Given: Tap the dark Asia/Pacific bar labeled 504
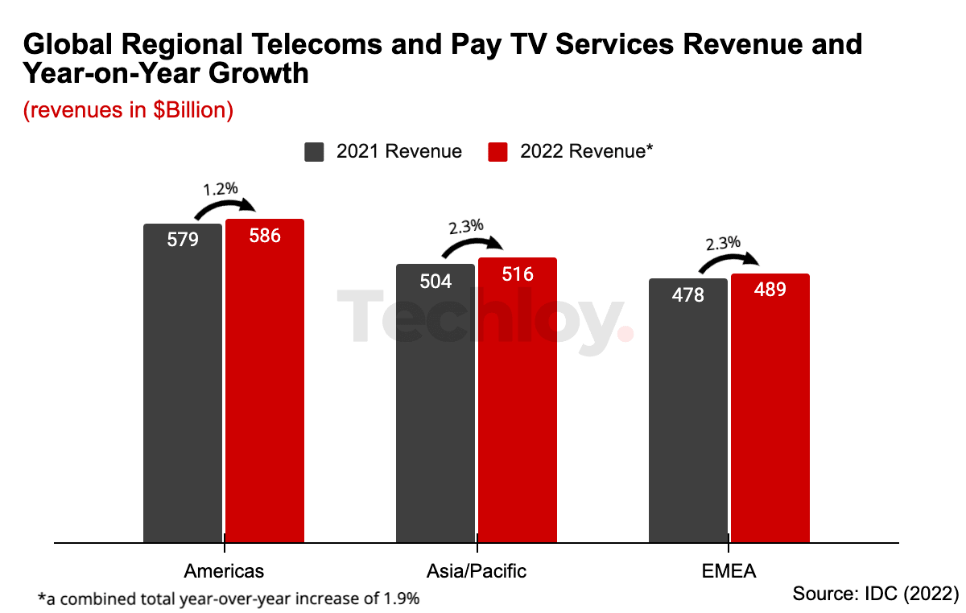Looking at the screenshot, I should (436, 403).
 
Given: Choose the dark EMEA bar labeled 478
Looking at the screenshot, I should (688, 410).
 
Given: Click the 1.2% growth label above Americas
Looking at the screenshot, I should (220, 189).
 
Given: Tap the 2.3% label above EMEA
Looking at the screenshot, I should (722, 243).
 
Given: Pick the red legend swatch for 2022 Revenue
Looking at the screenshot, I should (498, 152).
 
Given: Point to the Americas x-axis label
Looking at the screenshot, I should (224, 571).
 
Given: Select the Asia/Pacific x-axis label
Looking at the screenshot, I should (477, 571).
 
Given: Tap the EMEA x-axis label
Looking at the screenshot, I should (729, 571).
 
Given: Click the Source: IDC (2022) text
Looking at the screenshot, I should (876, 594).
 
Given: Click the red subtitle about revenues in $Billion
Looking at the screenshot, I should (128, 110).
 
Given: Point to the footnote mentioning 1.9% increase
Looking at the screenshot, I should (229, 599).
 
